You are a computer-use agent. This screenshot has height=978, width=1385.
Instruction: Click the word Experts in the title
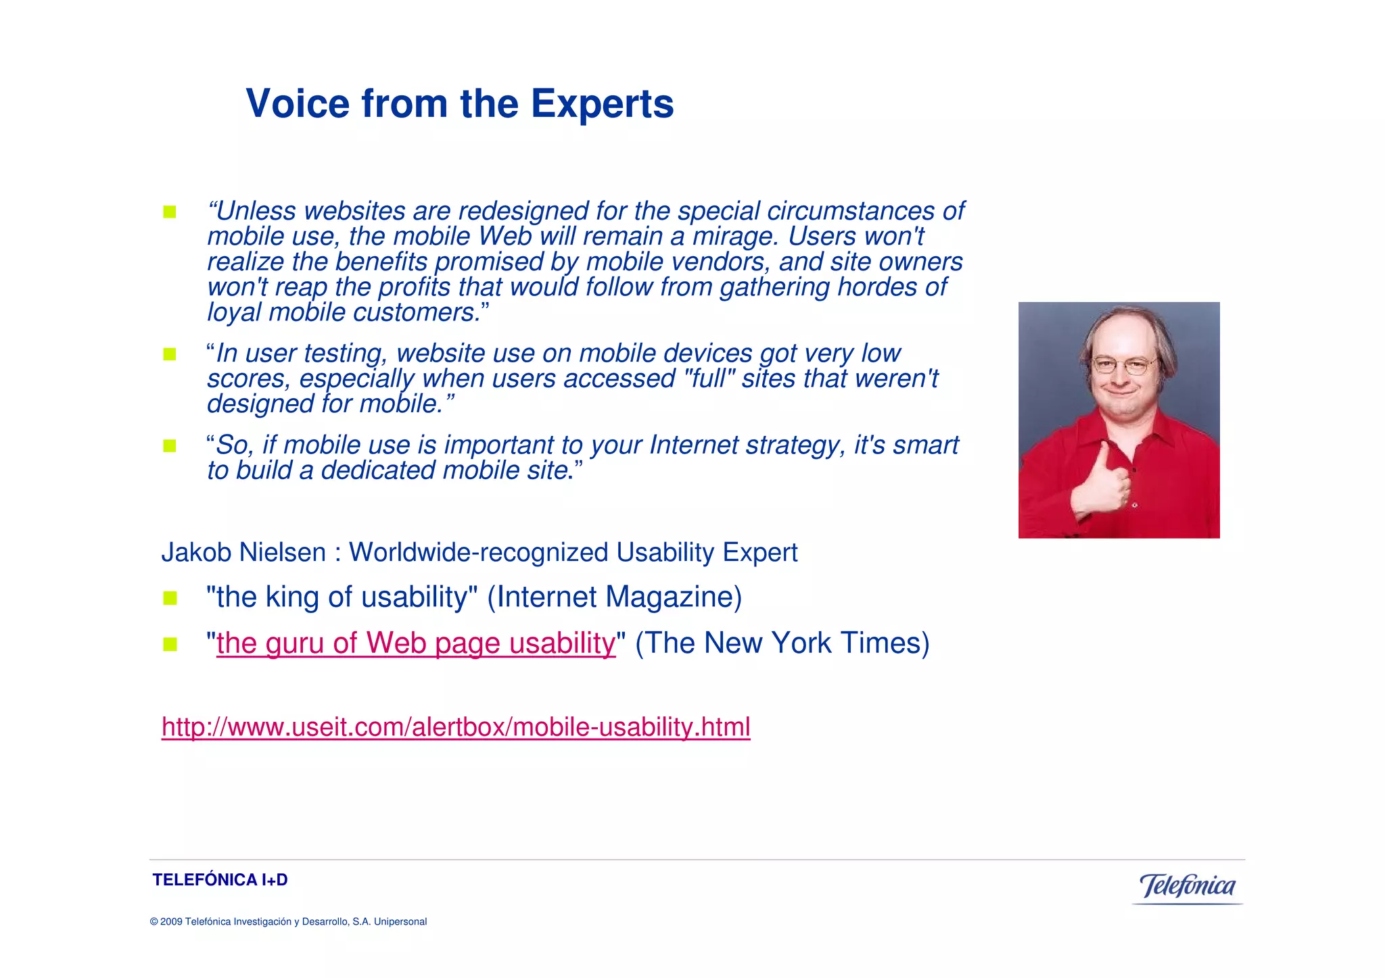602,104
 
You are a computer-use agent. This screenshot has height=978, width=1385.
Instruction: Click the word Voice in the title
298,104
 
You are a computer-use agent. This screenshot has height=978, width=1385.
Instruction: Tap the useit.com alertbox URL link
456,727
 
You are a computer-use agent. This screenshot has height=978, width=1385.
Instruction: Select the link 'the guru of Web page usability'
416,643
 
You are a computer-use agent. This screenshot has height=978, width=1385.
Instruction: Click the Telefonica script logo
1188,886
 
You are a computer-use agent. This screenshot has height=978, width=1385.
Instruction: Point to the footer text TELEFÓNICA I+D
220,880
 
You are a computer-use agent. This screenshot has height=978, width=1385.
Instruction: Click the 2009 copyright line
288,922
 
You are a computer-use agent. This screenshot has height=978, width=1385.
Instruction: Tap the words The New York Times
782,643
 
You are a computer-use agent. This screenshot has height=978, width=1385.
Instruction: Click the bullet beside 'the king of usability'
170,598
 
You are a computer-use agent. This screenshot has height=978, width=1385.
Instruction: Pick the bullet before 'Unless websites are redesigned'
169,212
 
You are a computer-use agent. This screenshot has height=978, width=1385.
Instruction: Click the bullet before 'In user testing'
169,354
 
